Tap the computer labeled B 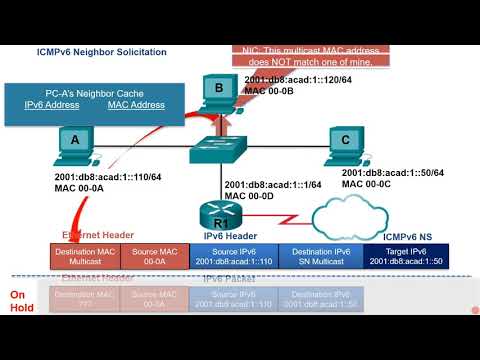217,91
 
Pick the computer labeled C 345,142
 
